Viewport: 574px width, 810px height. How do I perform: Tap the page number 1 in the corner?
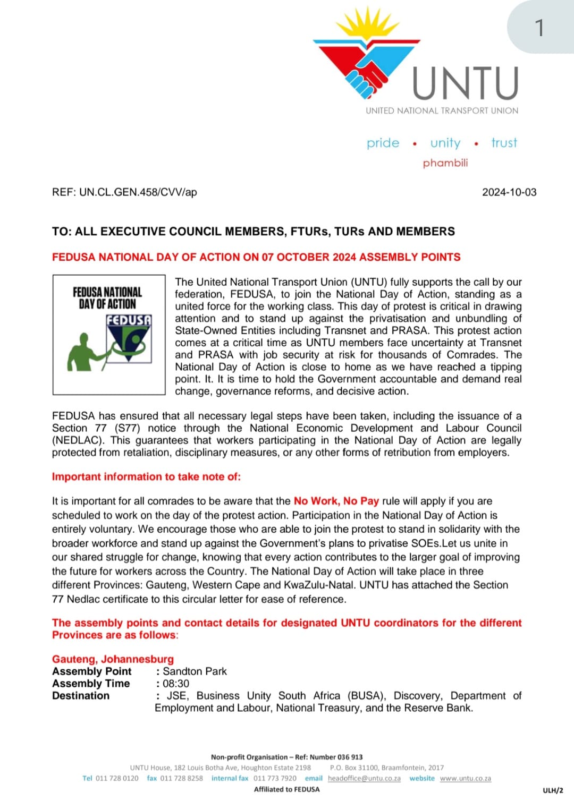point(539,28)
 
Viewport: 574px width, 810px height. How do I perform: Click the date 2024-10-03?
point(509,192)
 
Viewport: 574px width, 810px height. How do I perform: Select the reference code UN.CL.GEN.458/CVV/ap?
point(138,192)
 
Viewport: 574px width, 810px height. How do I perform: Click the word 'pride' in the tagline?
point(383,143)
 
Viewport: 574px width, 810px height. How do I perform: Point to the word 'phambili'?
point(445,163)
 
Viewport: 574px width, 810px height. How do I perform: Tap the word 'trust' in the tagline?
point(504,143)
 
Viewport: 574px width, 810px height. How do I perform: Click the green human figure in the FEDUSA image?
point(85,352)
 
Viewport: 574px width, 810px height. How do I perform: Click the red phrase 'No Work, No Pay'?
point(336,501)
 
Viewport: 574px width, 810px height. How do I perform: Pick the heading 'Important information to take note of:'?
point(146,476)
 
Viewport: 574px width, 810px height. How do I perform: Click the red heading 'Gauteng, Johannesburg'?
point(113,659)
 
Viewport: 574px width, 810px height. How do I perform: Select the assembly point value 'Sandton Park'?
point(195,671)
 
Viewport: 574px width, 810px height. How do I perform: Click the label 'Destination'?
point(81,696)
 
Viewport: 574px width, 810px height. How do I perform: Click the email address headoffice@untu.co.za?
point(364,778)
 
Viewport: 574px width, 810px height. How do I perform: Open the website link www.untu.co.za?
point(465,778)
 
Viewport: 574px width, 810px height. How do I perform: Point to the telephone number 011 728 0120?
point(117,778)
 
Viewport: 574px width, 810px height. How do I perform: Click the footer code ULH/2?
point(553,790)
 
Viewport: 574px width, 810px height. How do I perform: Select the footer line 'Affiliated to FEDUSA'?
point(287,789)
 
